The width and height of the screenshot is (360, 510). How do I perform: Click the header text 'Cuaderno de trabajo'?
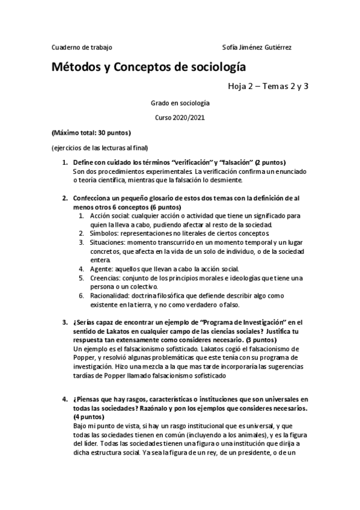(x=82, y=47)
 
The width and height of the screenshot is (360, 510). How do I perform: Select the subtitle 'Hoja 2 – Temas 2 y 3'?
(x=267, y=86)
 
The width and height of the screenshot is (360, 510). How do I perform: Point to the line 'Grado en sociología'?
(x=180, y=103)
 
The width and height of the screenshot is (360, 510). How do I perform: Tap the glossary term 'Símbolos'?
(x=103, y=233)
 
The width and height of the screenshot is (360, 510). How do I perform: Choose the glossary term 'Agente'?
(x=100, y=268)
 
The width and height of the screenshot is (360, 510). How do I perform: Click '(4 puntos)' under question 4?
(x=88, y=417)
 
